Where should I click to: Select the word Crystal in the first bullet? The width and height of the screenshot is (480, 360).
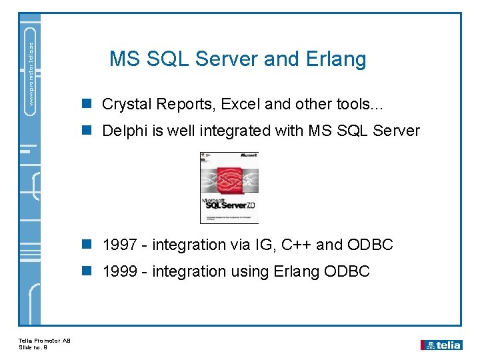tap(126, 104)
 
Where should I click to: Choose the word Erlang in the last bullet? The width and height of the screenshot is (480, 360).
tap(297, 271)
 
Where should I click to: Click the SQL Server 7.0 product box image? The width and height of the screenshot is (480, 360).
tap(229, 187)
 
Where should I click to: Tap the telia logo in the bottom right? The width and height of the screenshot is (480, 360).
tap(441, 345)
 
